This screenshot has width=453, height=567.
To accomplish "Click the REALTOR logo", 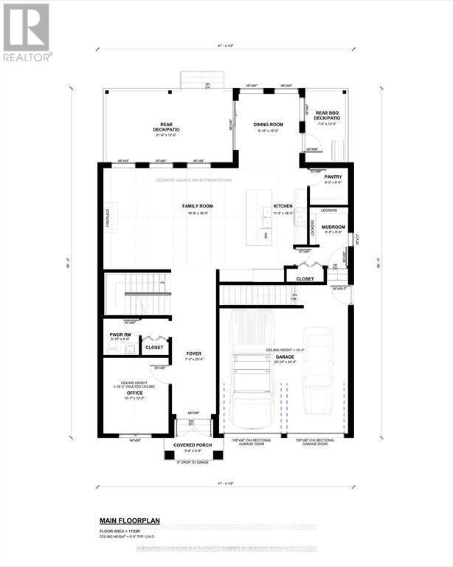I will (x=27, y=32).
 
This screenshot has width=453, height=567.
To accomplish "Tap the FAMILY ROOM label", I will (x=198, y=206).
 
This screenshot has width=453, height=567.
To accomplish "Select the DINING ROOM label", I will (x=268, y=125).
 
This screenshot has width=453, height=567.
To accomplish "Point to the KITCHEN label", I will (x=283, y=206).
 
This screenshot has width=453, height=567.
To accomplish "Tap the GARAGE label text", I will (x=284, y=357).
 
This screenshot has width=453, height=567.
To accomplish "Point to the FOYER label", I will (x=193, y=353).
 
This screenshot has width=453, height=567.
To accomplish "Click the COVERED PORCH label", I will (x=193, y=445).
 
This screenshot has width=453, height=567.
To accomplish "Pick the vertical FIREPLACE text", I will (x=108, y=217).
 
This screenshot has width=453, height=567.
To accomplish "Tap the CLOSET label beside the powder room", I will (x=153, y=347).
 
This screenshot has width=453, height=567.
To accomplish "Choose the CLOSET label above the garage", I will (x=305, y=278).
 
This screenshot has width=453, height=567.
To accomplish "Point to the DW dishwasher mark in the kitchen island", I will (x=266, y=234).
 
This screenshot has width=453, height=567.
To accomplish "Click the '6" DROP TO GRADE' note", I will (x=193, y=462).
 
